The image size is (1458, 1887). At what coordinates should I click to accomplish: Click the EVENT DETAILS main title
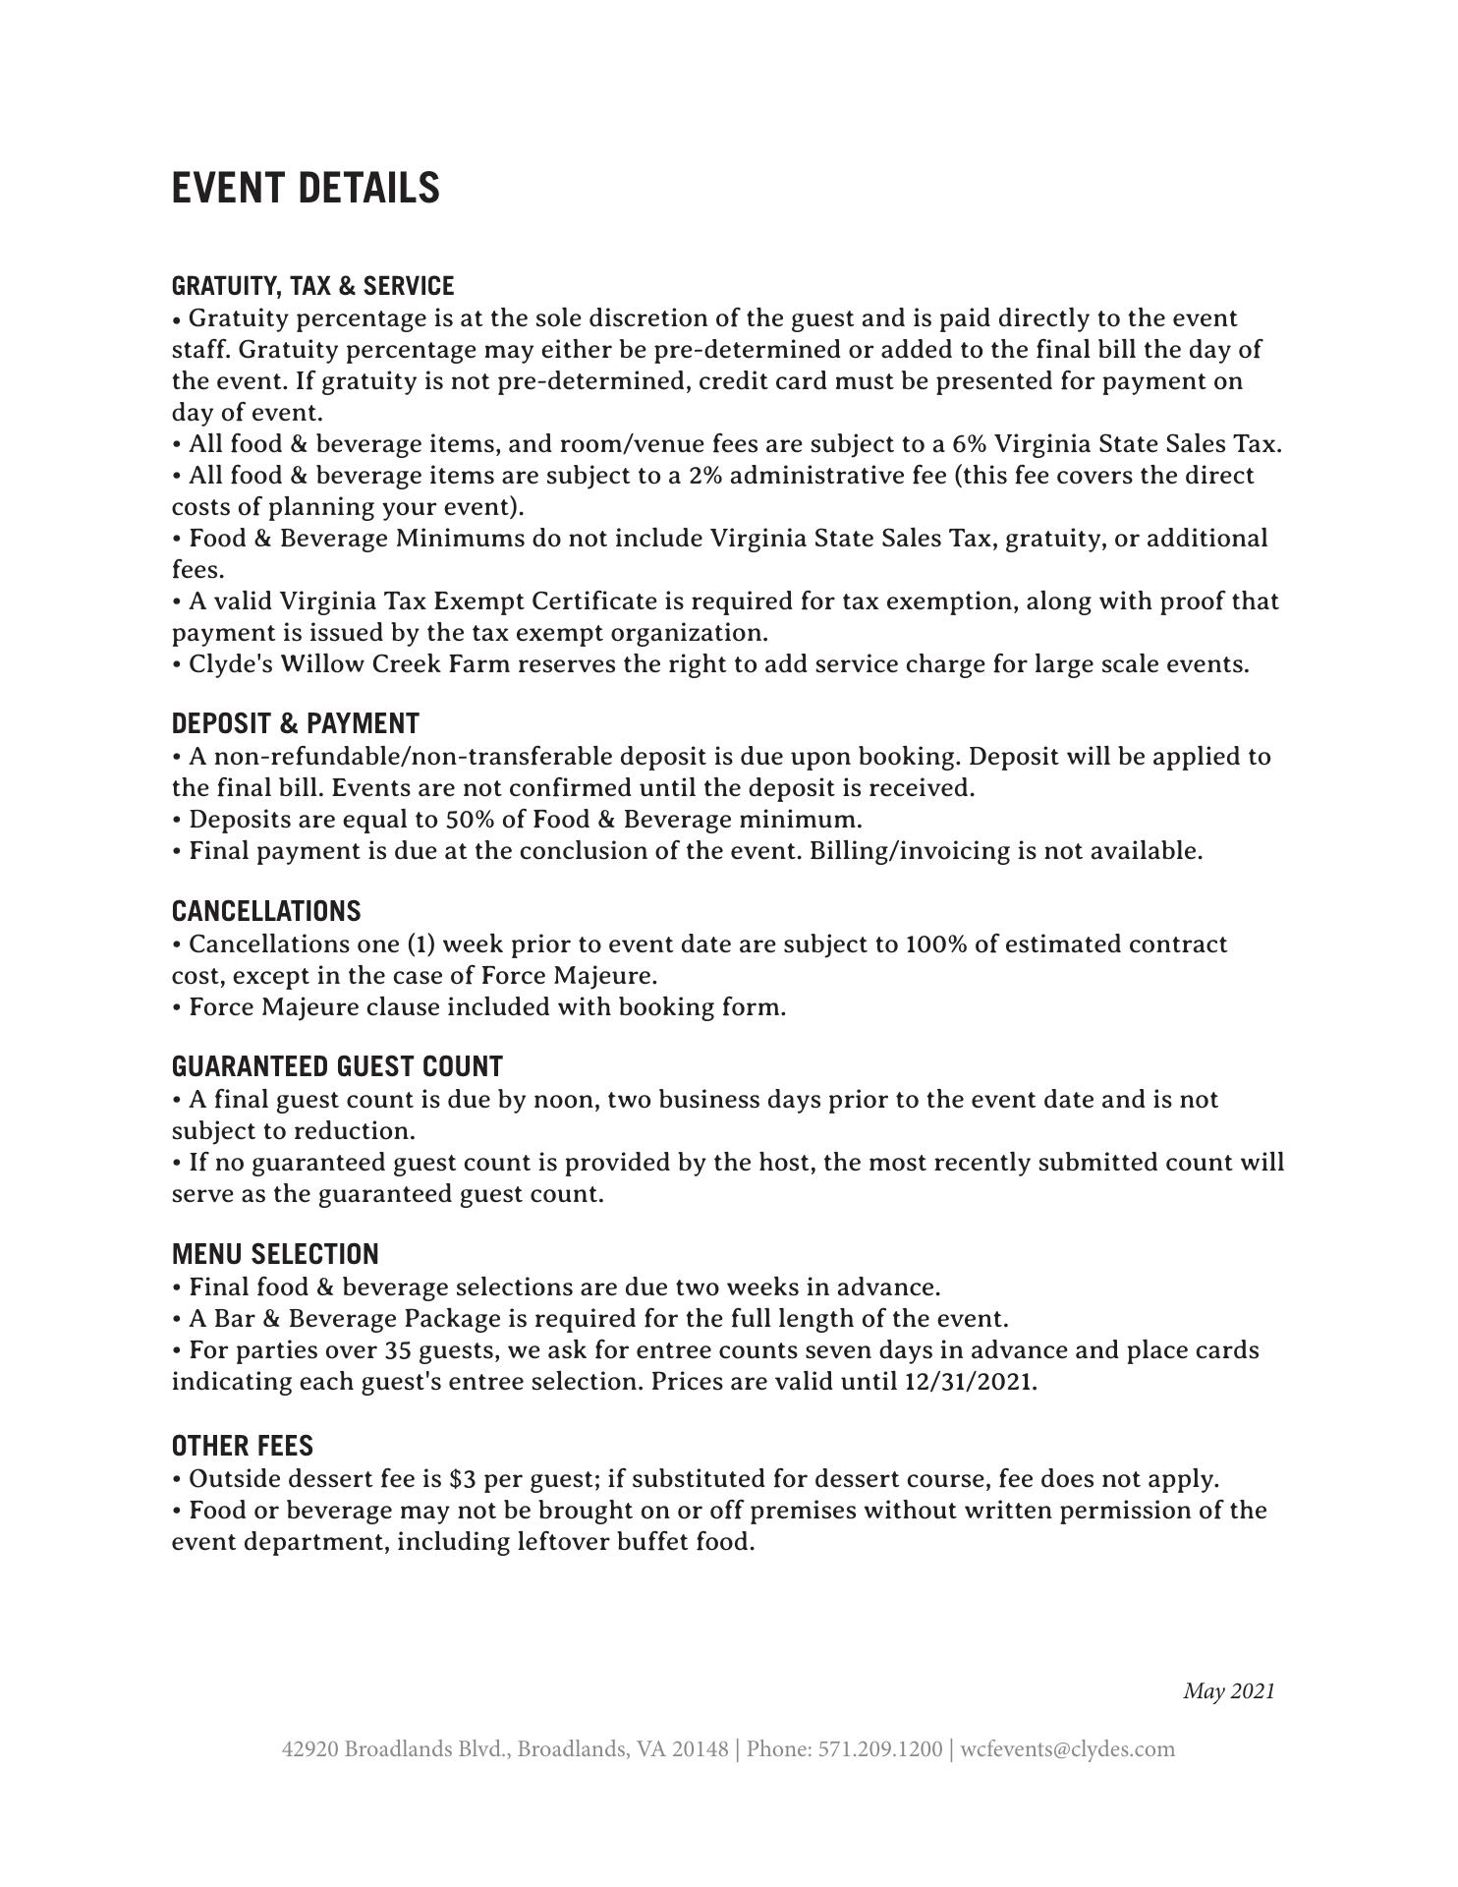[306, 188]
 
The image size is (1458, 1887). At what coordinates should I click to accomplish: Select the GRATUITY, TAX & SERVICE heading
[312, 286]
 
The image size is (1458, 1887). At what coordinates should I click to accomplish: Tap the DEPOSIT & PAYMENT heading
[295, 723]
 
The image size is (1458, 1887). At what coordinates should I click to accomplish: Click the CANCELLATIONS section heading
[266, 911]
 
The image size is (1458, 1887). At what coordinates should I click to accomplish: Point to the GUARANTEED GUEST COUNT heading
[337, 1066]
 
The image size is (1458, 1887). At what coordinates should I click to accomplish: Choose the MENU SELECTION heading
[275, 1254]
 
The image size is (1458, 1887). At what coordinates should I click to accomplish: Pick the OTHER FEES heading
[242, 1446]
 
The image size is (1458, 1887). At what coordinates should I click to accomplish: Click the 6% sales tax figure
[969, 444]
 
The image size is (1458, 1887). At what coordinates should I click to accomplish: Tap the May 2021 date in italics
[1228, 1691]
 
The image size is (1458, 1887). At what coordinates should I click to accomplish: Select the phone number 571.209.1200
[879, 1749]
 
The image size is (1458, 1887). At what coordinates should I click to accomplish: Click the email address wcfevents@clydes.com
[1067, 1749]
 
